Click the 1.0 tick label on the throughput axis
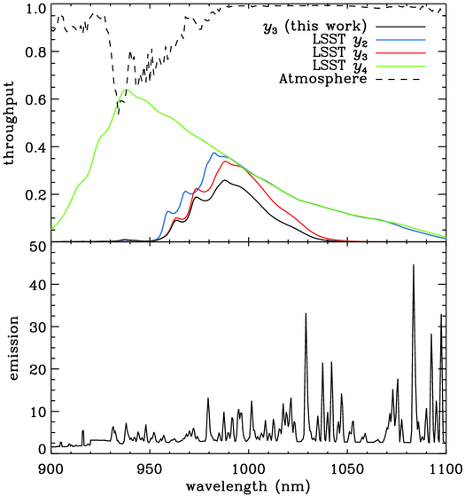tap(32, 9)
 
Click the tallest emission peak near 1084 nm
tap(413, 265)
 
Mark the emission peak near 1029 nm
tap(306, 314)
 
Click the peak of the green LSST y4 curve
tap(128, 90)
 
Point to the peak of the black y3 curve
tap(226, 181)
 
